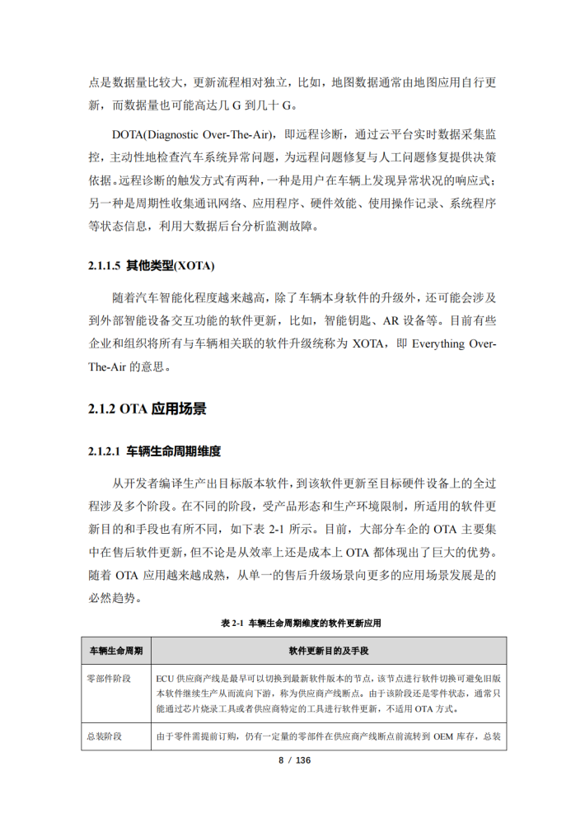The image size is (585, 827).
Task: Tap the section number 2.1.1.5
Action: coord(104,266)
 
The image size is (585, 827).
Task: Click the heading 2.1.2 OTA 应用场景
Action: coord(147,409)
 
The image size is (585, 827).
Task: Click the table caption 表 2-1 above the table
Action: coord(233,624)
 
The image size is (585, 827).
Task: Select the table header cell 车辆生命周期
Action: coord(115,651)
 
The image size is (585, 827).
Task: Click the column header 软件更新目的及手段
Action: coord(329,651)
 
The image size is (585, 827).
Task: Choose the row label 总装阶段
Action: coord(104,736)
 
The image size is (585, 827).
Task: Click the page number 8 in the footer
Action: coord(280,759)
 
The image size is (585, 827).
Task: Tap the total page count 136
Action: coord(302,759)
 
